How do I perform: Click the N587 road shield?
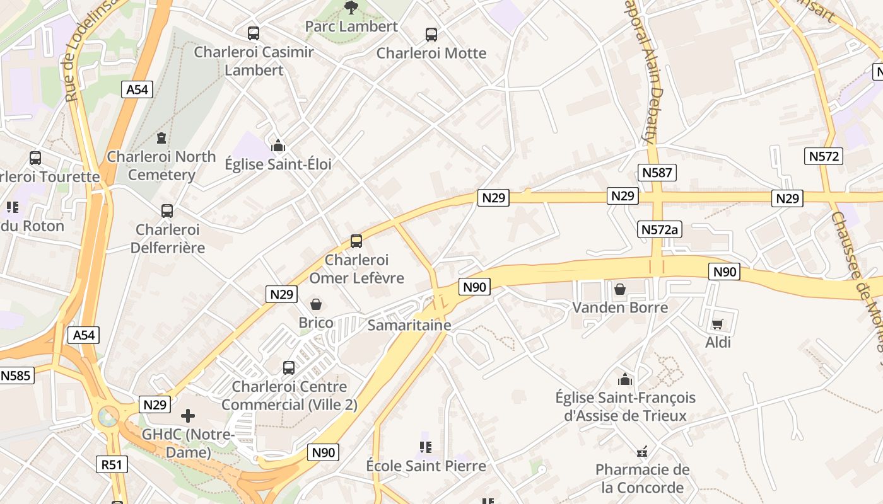657,173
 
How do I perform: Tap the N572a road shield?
659,229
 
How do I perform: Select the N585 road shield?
16,376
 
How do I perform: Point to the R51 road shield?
112,465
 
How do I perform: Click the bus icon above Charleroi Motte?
431,35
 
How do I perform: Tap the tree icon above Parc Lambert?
351,8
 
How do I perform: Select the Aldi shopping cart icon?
717,324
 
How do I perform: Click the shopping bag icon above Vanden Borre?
620,289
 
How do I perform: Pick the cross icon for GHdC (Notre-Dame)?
188,416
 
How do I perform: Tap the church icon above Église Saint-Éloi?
278,146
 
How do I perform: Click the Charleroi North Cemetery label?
161,166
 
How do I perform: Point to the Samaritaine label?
409,325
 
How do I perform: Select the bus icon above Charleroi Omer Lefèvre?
356,241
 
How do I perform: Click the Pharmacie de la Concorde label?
642,479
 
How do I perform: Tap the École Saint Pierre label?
426,466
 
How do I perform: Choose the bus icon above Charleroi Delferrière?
167,211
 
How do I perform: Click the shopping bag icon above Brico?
316,305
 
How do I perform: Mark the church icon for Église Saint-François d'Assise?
625,379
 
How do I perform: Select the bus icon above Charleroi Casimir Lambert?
254,33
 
